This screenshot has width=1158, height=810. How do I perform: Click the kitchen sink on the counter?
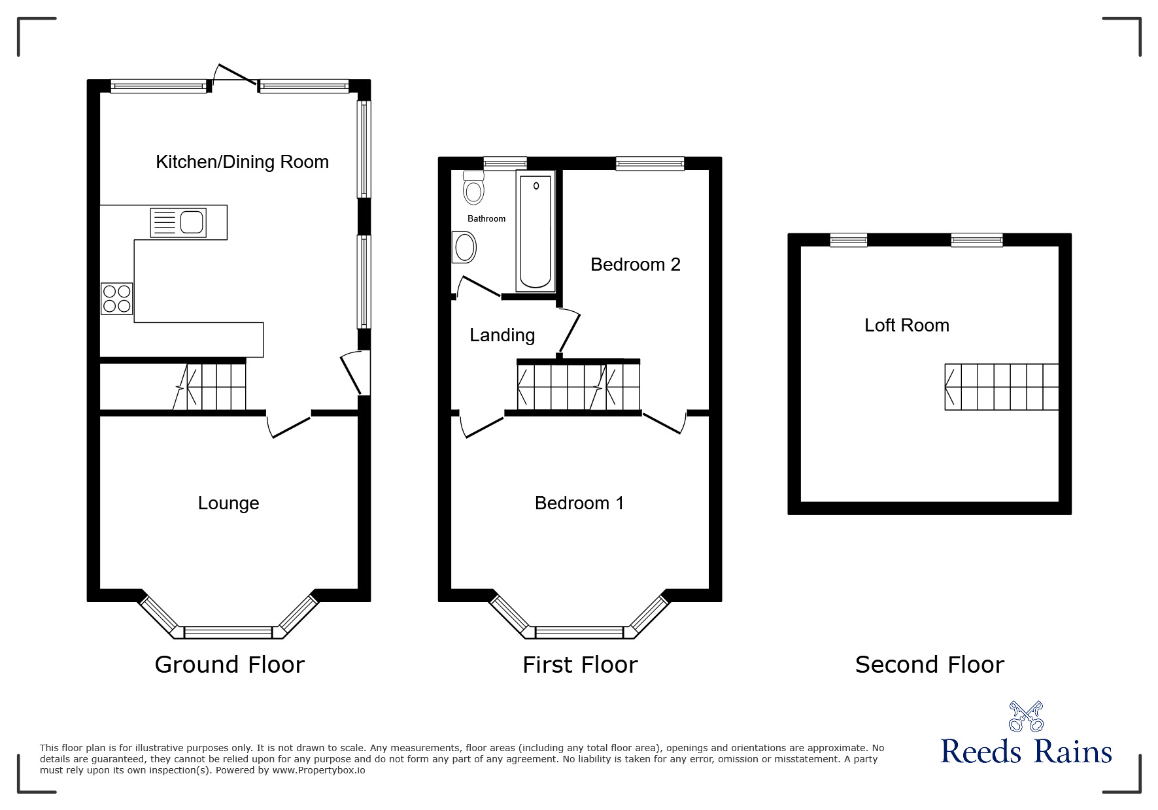pos(179,222)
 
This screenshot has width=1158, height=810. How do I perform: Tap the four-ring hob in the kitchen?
pos(117,299)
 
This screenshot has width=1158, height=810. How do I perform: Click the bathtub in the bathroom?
pos(536,231)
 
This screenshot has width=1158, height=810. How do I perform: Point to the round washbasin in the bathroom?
pos(465,248)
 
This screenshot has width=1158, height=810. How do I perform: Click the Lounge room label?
pos(228,503)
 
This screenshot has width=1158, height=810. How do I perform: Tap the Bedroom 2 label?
pos(635,264)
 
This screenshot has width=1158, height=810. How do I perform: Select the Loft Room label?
pos(906,325)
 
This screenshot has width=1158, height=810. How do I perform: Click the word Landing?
pos(502,335)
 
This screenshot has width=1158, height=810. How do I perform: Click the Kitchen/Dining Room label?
pos(242,161)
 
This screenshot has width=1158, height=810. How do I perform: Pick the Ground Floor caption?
pos(230,664)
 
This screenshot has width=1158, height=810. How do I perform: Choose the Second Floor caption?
pos(929,664)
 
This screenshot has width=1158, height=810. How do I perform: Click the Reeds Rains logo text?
pos(1025,752)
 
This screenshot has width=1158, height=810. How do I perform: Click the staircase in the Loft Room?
pos(1001,387)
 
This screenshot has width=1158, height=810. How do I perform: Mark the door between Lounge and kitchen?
pos(288,424)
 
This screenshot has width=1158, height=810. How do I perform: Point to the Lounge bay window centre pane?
pos(228,632)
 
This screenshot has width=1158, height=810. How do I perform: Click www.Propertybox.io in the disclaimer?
pos(319,770)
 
